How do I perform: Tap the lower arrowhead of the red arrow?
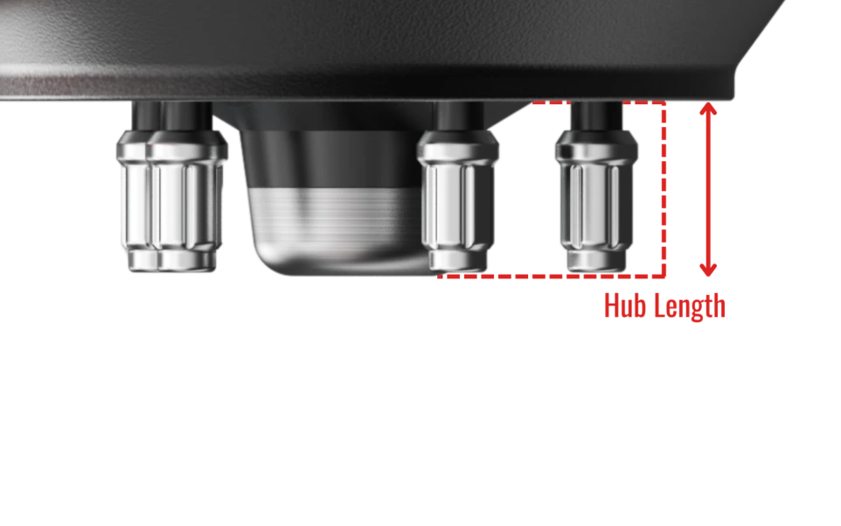click(x=708, y=270)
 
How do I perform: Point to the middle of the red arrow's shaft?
click(x=708, y=189)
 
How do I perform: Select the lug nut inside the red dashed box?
click(x=596, y=200)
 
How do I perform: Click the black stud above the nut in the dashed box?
click(x=596, y=116)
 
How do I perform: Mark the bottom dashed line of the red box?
click(x=552, y=277)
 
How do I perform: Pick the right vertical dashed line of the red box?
click(x=664, y=189)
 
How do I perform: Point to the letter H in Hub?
click(x=610, y=305)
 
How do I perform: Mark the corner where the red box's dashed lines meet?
click(x=664, y=277)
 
